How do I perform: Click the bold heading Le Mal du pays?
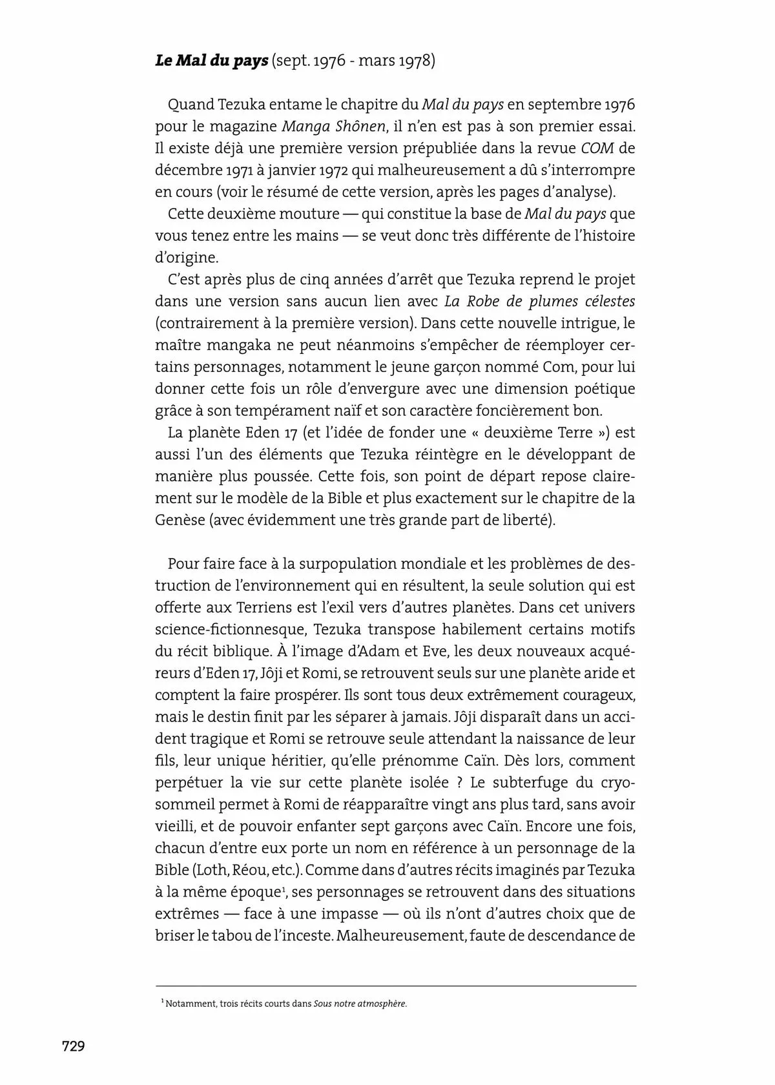coord(211,61)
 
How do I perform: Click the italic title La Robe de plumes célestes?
coord(540,301)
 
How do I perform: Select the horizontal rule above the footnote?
coord(395,986)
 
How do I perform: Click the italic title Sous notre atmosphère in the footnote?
coord(360,1004)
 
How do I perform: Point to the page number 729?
coord(74,1046)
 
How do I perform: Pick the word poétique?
coord(600,389)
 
